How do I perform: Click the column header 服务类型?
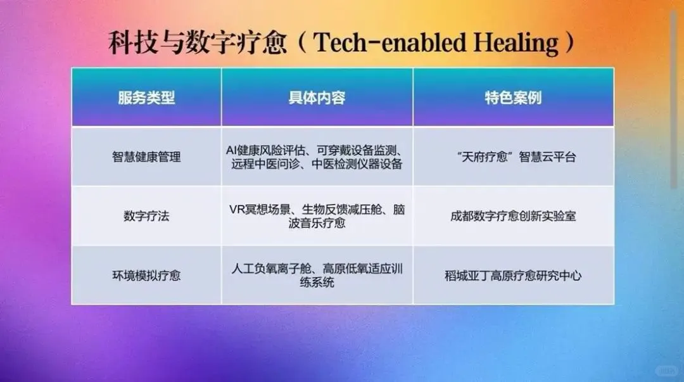pyautogui.click(x=146, y=98)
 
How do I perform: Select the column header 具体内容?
pyautogui.click(x=317, y=98)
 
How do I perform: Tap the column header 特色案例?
pyautogui.click(x=513, y=98)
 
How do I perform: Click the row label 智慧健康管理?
pyautogui.click(x=146, y=156)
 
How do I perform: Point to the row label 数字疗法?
pyautogui.click(x=146, y=216)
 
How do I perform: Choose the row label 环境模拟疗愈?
pyautogui.click(x=146, y=276)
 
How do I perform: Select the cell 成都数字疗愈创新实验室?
pyautogui.click(x=513, y=216)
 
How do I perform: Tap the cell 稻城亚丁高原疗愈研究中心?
pyautogui.click(x=513, y=276)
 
